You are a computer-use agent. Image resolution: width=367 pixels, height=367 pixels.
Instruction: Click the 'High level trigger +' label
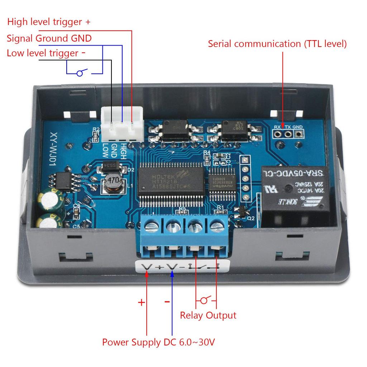point(49,22)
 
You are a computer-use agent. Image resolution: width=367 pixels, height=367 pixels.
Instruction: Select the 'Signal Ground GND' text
point(49,38)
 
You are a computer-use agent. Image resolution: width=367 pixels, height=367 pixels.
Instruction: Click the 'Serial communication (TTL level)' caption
point(277,44)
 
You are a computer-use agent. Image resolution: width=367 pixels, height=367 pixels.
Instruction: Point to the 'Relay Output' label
point(208,315)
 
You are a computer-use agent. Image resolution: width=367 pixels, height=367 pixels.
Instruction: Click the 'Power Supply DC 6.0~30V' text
point(158,342)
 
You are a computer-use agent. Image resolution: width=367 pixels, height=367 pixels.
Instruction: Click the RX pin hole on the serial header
point(277,134)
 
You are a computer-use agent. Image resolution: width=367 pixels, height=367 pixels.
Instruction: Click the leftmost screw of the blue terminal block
point(152,226)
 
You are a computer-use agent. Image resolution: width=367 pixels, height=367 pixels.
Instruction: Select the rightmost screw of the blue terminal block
point(217,226)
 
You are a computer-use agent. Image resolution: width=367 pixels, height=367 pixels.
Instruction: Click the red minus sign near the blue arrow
point(167,302)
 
